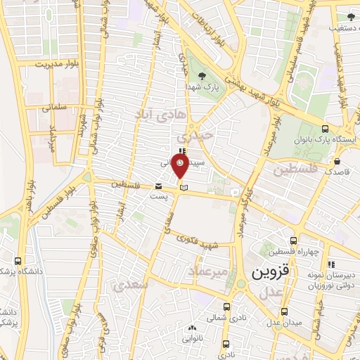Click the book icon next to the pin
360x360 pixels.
[x=184, y=187]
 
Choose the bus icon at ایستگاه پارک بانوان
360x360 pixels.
[x=324, y=129]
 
